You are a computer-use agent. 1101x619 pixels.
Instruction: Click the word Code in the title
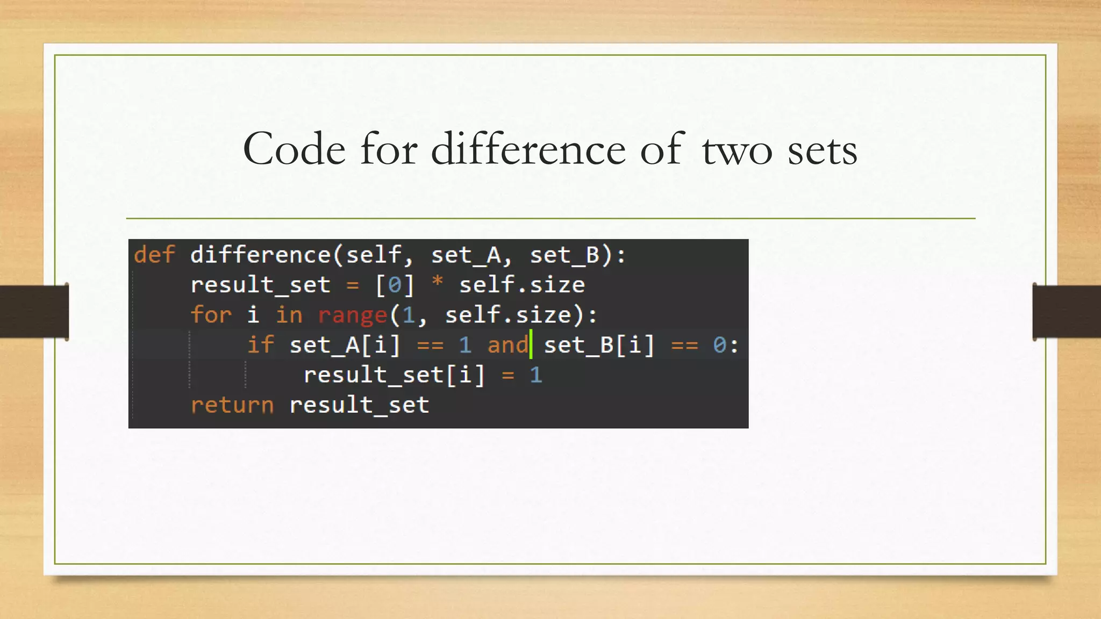(294, 149)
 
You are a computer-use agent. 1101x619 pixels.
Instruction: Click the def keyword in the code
(155, 255)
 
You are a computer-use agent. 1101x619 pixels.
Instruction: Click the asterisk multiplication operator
(438, 283)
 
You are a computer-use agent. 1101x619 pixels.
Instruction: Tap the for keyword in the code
(211, 315)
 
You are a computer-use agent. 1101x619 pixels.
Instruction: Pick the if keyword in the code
(261, 345)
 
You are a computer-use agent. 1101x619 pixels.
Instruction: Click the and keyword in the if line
(507, 345)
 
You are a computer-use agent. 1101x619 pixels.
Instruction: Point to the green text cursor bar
(531, 344)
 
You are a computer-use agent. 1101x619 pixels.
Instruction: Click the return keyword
(232, 405)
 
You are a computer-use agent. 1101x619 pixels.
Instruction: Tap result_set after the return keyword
(359, 405)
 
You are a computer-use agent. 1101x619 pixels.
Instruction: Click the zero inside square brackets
(395, 285)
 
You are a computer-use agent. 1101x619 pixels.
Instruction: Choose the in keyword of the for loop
(289, 315)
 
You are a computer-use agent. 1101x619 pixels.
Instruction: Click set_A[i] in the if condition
(345, 345)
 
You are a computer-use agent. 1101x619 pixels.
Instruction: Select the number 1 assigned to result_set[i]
(536, 375)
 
